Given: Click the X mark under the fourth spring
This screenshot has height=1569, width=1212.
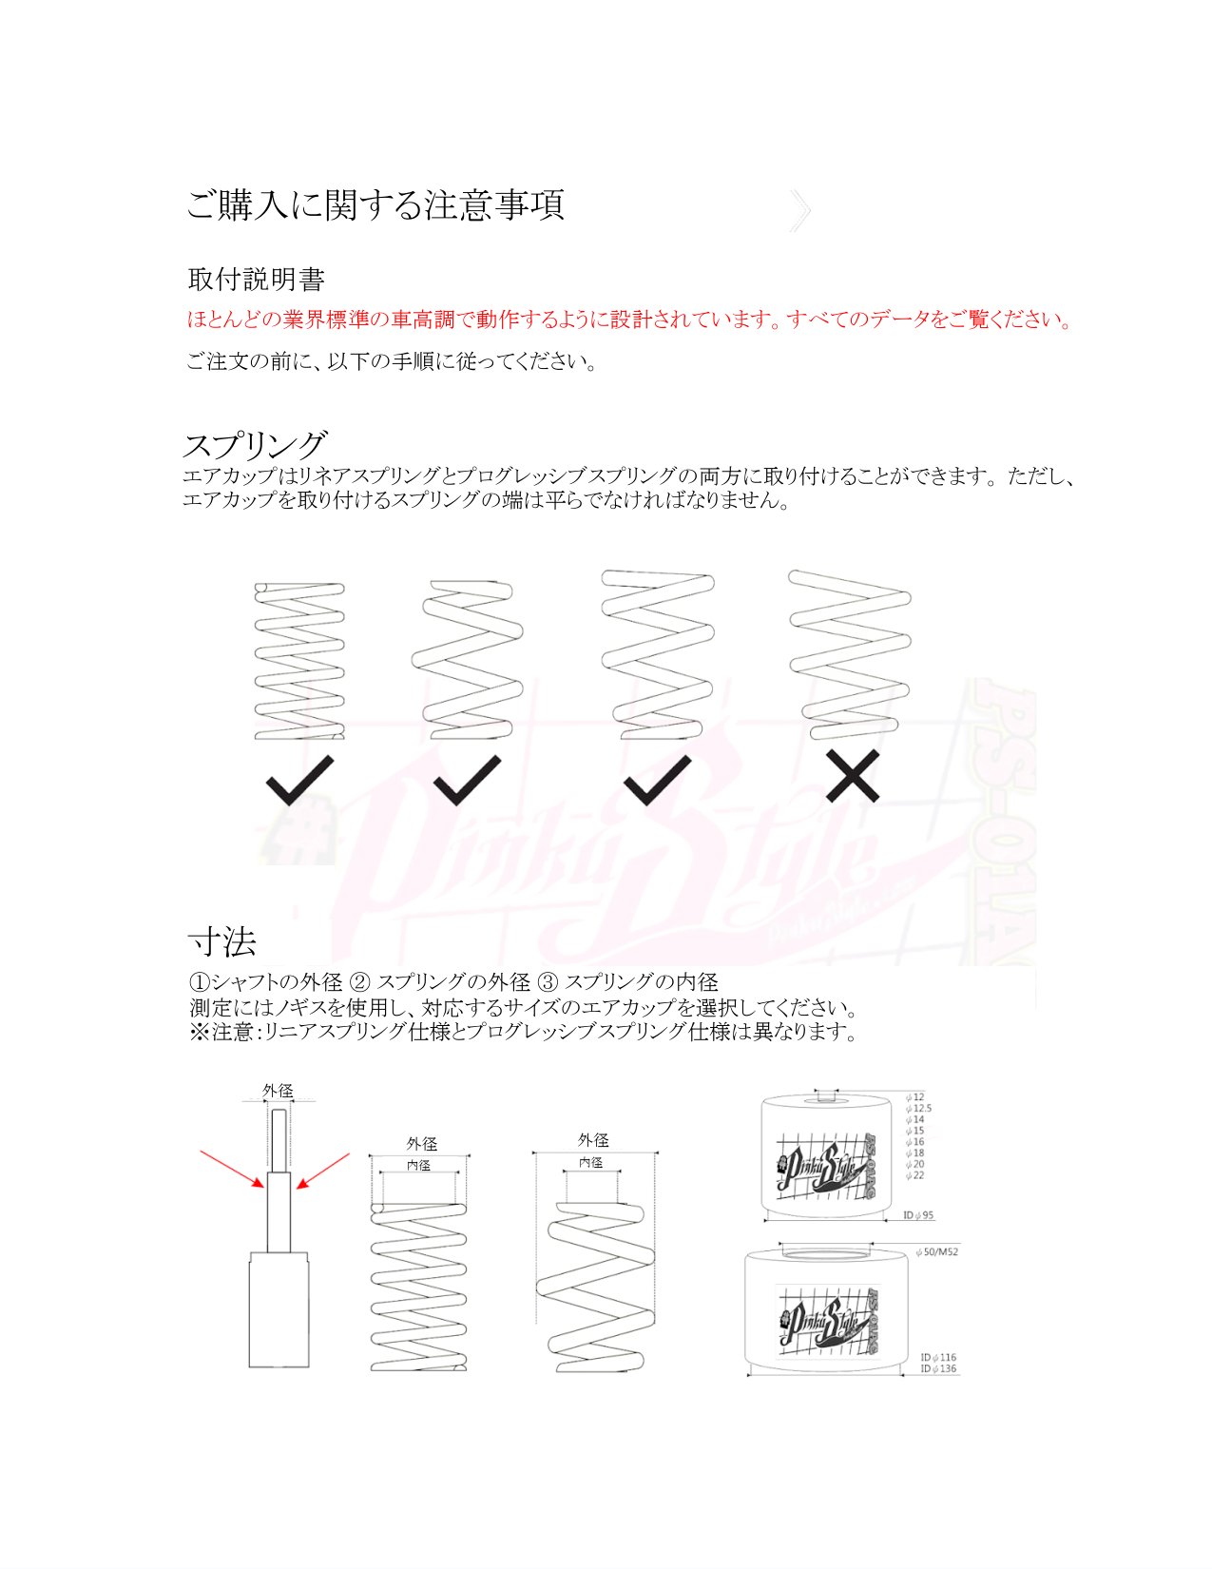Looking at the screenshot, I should [x=853, y=776].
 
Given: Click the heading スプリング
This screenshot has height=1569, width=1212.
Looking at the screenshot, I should [x=255, y=445].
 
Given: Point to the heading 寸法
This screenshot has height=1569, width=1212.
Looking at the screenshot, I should [x=222, y=942].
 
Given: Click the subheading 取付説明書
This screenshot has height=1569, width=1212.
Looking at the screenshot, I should [x=257, y=280].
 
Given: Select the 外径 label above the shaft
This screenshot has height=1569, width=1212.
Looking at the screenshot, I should [x=278, y=1091].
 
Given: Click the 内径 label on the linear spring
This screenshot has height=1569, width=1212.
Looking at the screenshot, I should [x=418, y=1165].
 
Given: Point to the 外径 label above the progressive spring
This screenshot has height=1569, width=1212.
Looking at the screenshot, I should [x=593, y=1139].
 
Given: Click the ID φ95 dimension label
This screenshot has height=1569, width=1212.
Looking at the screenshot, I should [x=918, y=1215].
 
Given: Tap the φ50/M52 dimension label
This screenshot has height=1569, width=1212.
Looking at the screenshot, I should [x=937, y=1252].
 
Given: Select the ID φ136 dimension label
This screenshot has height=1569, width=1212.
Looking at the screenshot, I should [x=938, y=1369].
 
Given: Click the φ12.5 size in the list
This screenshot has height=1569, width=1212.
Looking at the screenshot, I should [x=918, y=1108].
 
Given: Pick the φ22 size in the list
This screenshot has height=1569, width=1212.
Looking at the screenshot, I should [x=915, y=1175].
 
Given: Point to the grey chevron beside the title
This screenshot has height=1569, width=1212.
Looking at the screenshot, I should [x=799, y=210].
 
